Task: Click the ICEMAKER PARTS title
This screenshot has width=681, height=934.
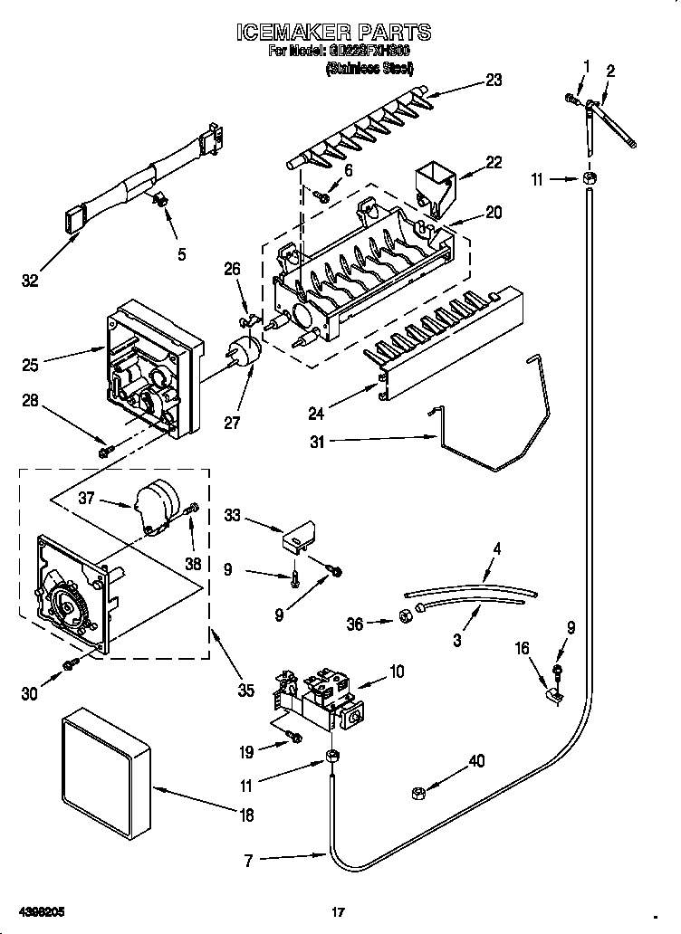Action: point(332,33)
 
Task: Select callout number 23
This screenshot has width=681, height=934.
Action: point(493,80)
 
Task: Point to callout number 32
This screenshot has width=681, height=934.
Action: point(30,281)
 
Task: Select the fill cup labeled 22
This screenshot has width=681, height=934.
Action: point(436,186)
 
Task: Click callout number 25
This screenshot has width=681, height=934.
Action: point(30,365)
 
